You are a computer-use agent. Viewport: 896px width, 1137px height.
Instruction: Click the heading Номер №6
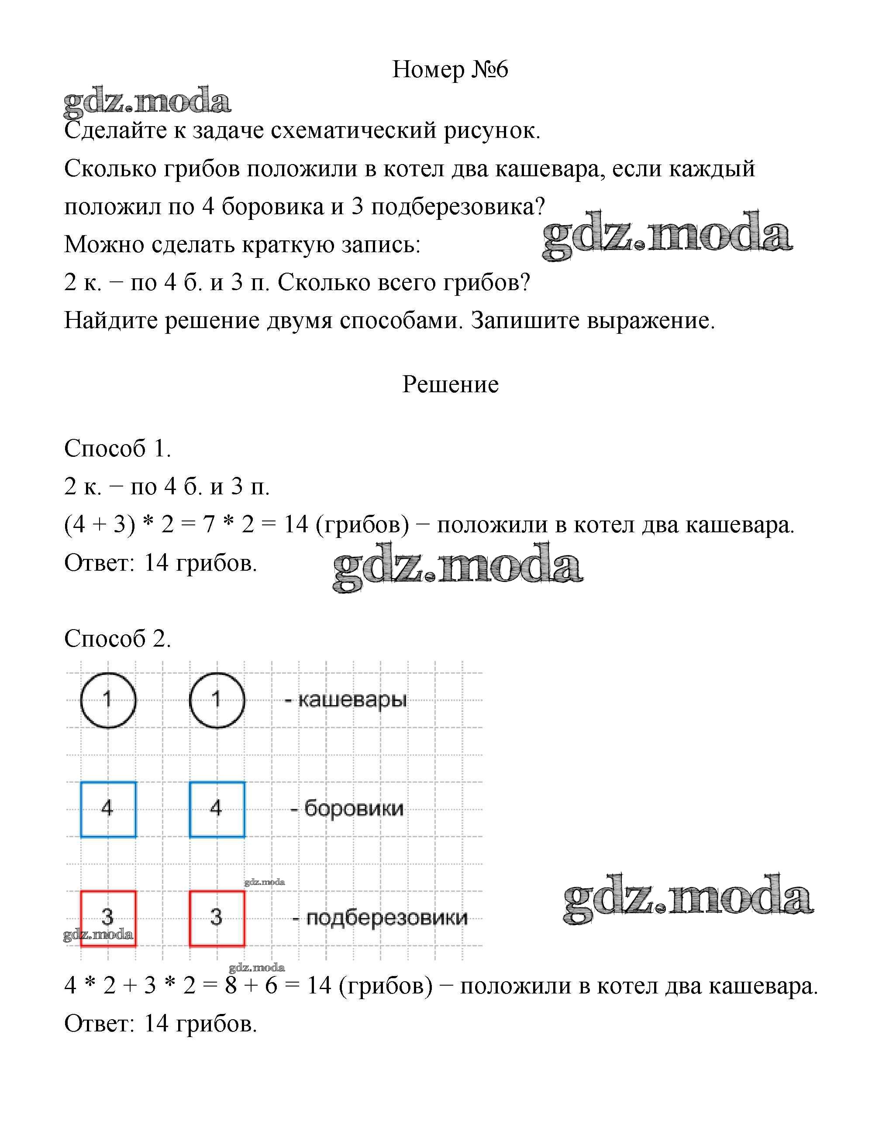[x=450, y=69]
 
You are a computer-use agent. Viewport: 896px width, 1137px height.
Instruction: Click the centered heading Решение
[x=450, y=384]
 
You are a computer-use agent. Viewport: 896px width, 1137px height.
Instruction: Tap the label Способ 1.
[x=117, y=448]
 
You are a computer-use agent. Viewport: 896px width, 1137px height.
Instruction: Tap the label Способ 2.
[x=117, y=638]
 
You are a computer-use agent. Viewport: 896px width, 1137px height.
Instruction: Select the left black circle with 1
[x=108, y=700]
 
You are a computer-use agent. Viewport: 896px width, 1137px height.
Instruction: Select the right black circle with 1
[x=217, y=700]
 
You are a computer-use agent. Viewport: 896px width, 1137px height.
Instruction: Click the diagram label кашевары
[x=352, y=700]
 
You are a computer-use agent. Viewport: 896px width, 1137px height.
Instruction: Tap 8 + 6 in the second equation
[x=251, y=986]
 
